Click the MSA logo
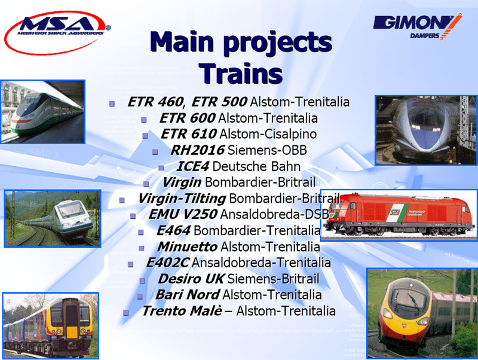click(x=57, y=32)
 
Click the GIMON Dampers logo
click(x=417, y=27)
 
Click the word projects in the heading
click(x=277, y=43)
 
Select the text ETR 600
click(x=187, y=118)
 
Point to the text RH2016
click(x=198, y=150)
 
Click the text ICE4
click(x=192, y=166)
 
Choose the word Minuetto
click(x=187, y=246)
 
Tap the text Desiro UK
click(x=191, y=279)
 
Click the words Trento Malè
click(x=182, y=311)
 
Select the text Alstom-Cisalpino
click(x=268, y=134)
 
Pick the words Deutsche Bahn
click(x=256, y=166)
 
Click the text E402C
click(x=168, y=263)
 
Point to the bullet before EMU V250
click(x=133, y=216)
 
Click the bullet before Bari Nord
click(x=140, y=296)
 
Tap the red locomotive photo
click(x=399, y=215)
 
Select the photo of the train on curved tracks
click(x=53, y=218)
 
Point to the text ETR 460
click(x=155, y=102)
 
